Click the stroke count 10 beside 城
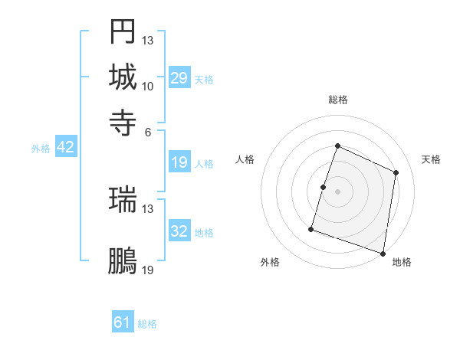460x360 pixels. [x=148, y=86]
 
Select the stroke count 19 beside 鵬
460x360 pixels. [x=148, y=270]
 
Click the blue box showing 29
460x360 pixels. [x=179, y=77]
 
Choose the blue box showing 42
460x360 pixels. [x=65, y=147]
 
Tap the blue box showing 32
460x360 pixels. [x=179, y=231]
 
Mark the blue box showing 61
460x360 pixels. [x=123, y=322]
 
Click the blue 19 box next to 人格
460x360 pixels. [x=179, y=162]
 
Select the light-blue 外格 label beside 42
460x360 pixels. [x=41, y=149]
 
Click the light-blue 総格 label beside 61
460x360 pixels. [x=147, y=324]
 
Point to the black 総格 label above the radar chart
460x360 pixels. [x=337, y=100]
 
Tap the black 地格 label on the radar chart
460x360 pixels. [x=402, y=262]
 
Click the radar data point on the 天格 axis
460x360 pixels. [x=396, y=172]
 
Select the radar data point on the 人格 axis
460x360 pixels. [x=324, y=187]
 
